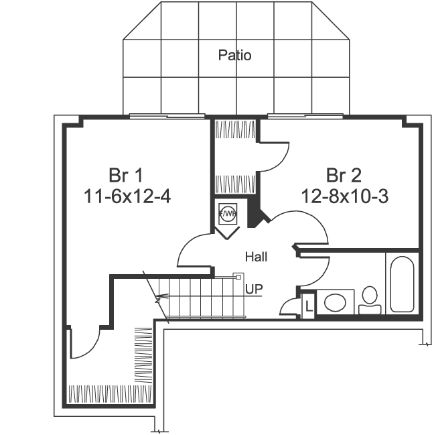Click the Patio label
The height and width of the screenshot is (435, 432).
point(235,55)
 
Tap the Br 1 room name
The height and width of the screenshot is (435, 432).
point(126,176)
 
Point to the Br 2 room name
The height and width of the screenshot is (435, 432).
point(344,176)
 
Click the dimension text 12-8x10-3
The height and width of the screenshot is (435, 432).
point(344,196)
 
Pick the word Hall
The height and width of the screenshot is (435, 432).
point(256,257)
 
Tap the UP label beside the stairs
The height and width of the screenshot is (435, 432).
point(254,290)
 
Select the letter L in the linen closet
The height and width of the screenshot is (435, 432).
point(308,306)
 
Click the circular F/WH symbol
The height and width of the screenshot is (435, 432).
point(228,214)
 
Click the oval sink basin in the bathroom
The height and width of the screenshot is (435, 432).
point(334,302)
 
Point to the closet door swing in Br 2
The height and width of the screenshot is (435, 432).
point(275,155)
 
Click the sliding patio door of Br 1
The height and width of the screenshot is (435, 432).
point(167,117)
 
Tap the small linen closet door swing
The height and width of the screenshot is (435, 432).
point(290,307)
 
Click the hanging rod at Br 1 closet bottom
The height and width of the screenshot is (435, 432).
point(111,393)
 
